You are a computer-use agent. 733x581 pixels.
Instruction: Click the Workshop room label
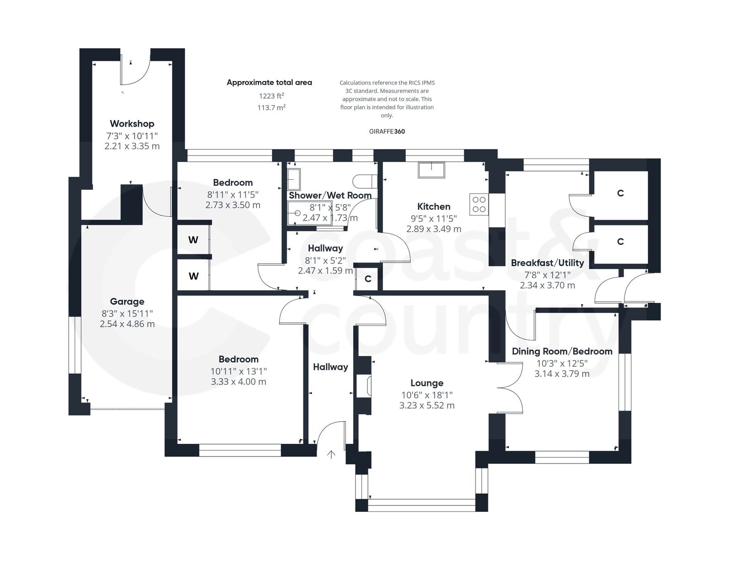[132, 124]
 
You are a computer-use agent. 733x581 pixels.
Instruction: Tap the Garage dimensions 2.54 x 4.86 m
[127, 324]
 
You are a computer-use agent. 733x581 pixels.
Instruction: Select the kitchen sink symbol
[431, 170]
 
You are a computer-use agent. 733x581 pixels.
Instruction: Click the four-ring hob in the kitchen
[479, 204]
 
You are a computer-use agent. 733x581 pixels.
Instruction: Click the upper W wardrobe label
[193, 240]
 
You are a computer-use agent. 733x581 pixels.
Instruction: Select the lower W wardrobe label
[193, 276]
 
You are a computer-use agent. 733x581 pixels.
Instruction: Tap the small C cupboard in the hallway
[368, 279]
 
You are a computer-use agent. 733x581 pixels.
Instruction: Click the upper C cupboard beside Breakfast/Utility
[620, 193]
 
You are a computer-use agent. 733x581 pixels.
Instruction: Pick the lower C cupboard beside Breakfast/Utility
[620, 242]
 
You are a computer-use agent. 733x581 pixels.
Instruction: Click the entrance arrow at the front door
[331, 454]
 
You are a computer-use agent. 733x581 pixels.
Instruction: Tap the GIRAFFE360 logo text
[387, 131]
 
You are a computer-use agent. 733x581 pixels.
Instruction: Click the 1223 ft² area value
[271, 96]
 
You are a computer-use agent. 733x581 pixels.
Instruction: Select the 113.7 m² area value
[271, 108]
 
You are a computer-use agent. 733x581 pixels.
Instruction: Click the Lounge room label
[427, 383]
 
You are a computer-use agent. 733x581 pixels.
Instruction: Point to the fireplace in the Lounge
[365, 385]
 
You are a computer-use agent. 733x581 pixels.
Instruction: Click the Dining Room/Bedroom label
[562, 351]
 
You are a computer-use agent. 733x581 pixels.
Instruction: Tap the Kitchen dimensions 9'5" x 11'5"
[433, 218]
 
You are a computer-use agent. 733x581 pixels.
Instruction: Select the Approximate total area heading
[269, 82]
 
